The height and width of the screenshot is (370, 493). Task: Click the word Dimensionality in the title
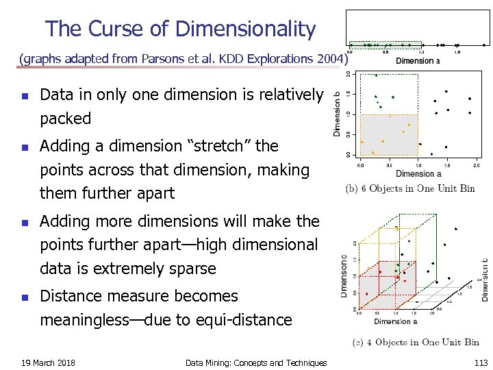(245, 29)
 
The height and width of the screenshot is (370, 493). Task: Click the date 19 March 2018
(48, 362)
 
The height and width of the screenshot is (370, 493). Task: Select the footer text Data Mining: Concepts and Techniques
(256, 362)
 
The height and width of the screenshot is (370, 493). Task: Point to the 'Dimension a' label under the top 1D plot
(418, 61)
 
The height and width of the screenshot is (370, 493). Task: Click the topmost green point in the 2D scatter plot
(376, 75)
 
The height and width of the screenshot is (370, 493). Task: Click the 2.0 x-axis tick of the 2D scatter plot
(477, 165)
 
